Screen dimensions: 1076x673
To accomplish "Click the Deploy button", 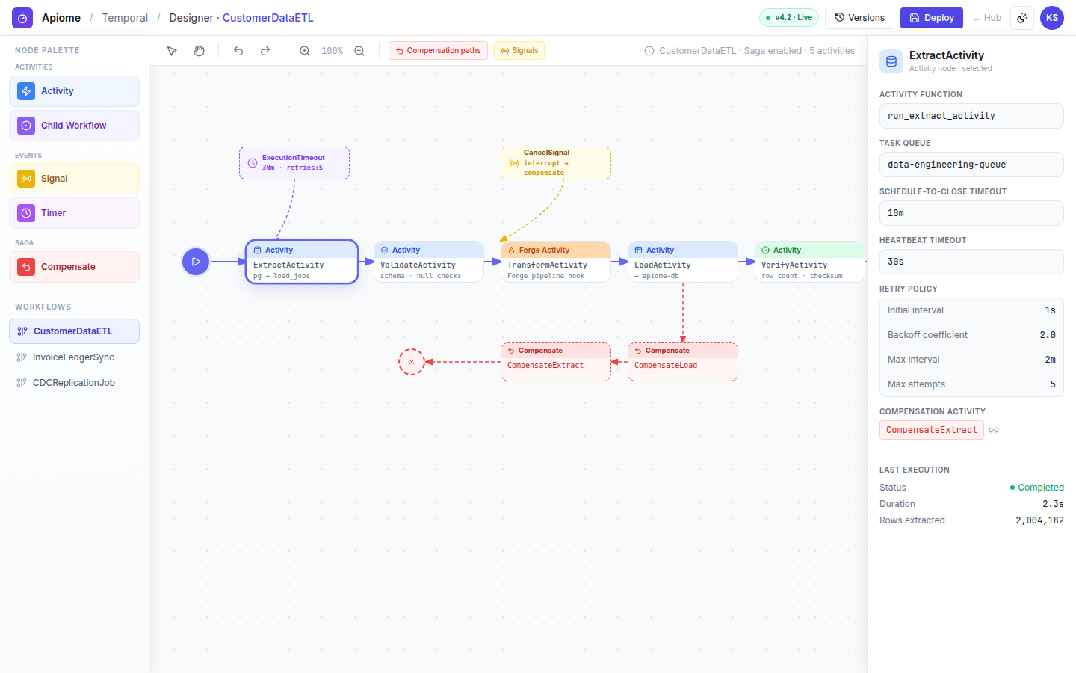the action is tap(931, 18).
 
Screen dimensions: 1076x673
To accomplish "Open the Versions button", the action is tap(859, 18).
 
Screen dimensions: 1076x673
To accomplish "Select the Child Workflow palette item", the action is tap(75, 126).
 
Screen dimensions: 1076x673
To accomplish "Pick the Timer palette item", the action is tap(75, 213).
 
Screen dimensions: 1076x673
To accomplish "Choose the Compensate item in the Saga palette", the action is tap(75, 267).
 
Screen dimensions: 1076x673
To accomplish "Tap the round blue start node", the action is tap(196, 262).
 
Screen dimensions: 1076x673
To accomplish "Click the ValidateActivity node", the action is tap(428, 262).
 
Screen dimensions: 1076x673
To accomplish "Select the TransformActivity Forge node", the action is tap(556, 262).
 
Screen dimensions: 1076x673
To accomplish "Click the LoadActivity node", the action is tap(683, 262).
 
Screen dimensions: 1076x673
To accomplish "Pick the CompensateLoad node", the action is tap(683, 362).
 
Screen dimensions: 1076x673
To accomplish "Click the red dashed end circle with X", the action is tap(412, 362).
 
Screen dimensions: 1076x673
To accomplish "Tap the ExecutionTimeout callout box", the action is tap(294, 163).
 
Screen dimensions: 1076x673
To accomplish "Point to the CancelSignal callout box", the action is tap(556, 163).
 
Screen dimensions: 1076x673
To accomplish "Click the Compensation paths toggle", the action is tap(438, 51).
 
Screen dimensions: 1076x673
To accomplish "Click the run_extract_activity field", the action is tap(971, 116).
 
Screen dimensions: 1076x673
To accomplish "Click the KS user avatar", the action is tap(1051, 18).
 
